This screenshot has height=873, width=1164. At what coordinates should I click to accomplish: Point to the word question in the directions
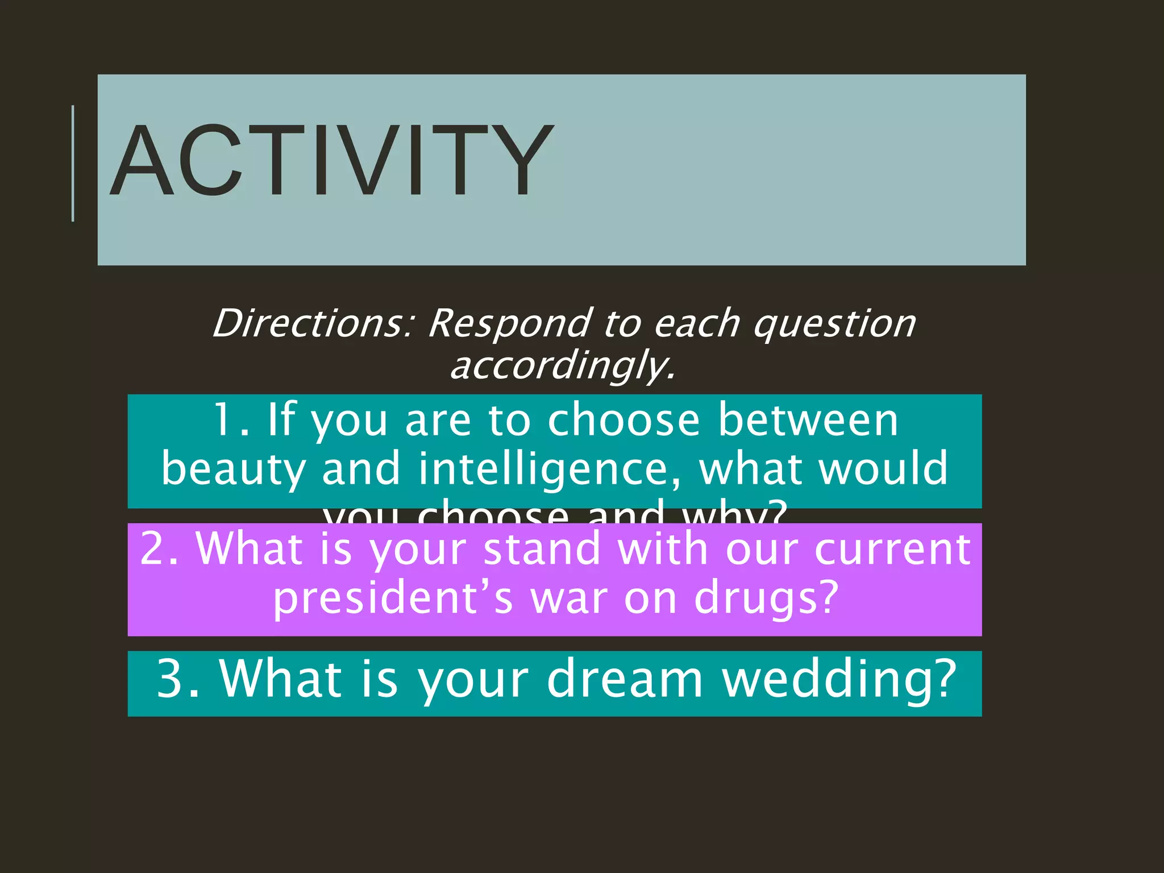click(x=834, y=324)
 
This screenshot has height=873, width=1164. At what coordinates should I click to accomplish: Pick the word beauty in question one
click(x=234, y=469)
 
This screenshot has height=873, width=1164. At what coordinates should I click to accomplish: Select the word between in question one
click(x=808, y=421)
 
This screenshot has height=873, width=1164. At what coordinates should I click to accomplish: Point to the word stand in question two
click(x=542, y=549)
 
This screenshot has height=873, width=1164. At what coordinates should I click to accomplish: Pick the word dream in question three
click(x=625, y=679)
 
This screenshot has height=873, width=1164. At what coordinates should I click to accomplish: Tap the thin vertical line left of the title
click(x=73, y=163)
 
